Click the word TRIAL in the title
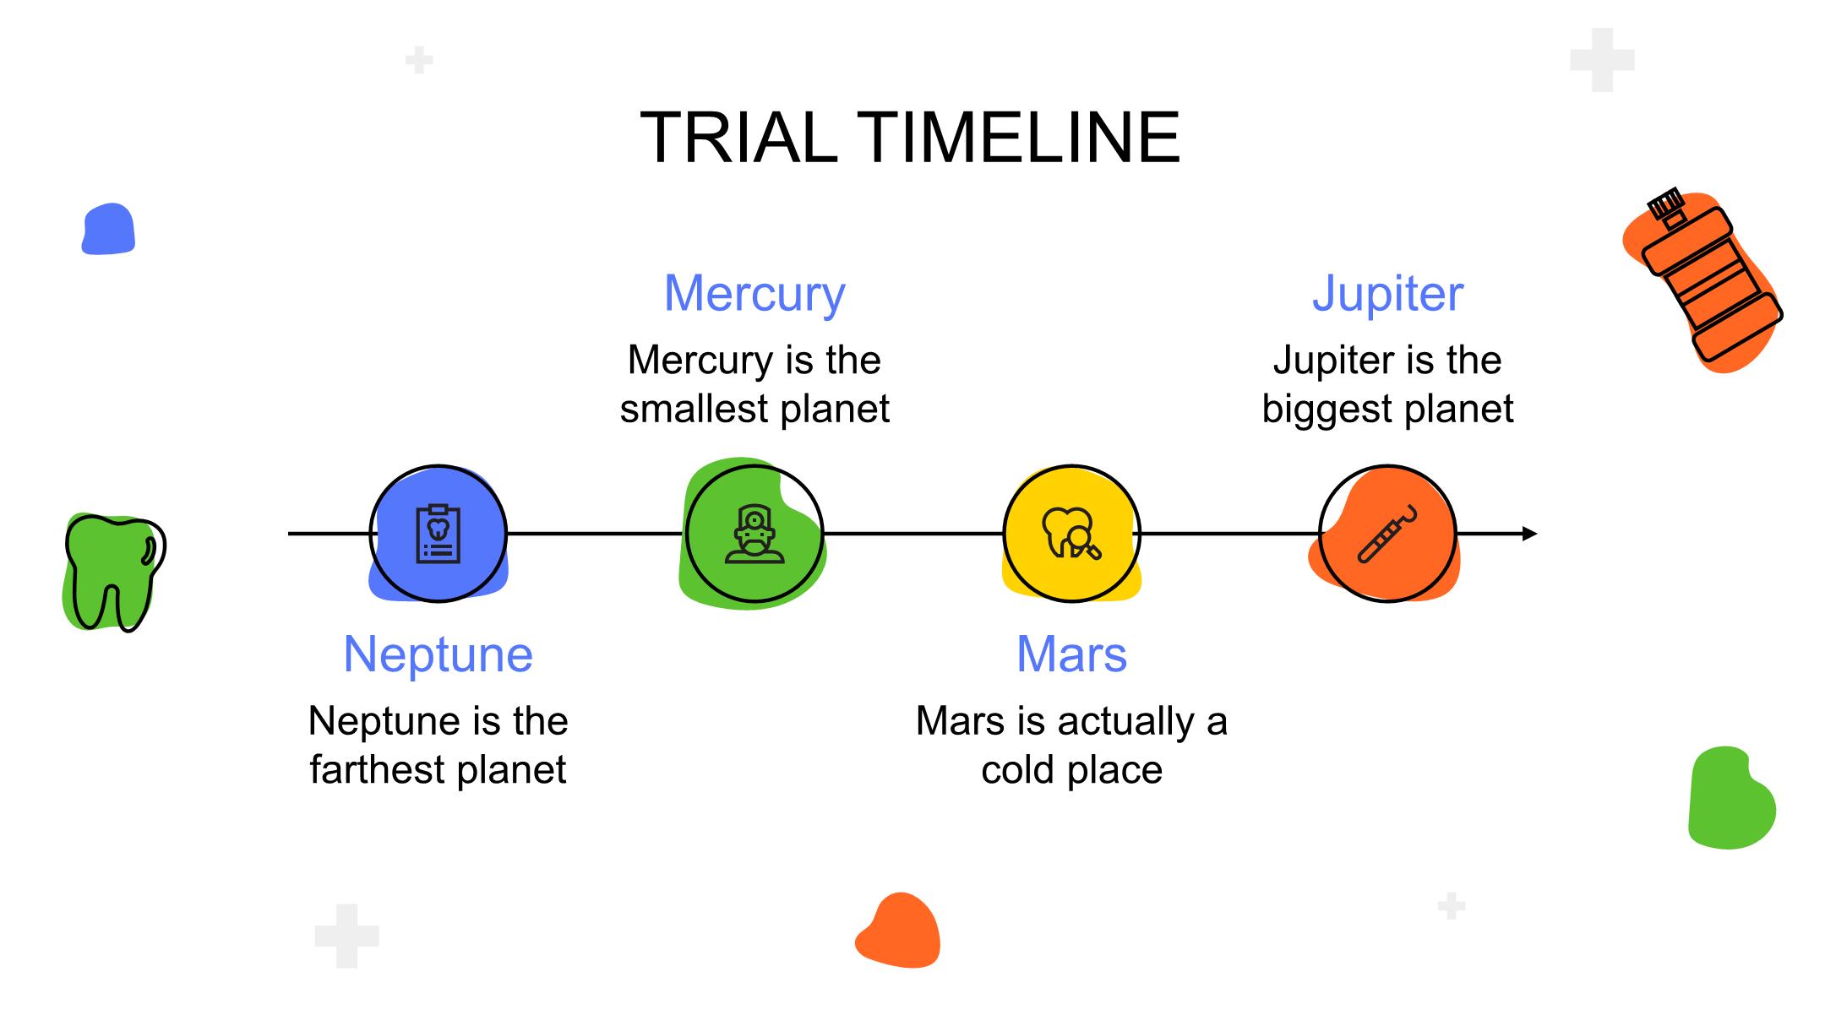738,137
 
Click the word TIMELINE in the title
1018,137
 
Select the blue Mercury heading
755,294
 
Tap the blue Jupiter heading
1387,294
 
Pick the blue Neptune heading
438,654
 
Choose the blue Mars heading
1071,654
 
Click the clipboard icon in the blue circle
439,533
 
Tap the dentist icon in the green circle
755,534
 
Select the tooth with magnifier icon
1071,533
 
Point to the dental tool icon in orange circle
1387,533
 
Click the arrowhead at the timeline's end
1529,534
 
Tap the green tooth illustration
114,573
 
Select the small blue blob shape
108,229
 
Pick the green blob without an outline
1731,797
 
